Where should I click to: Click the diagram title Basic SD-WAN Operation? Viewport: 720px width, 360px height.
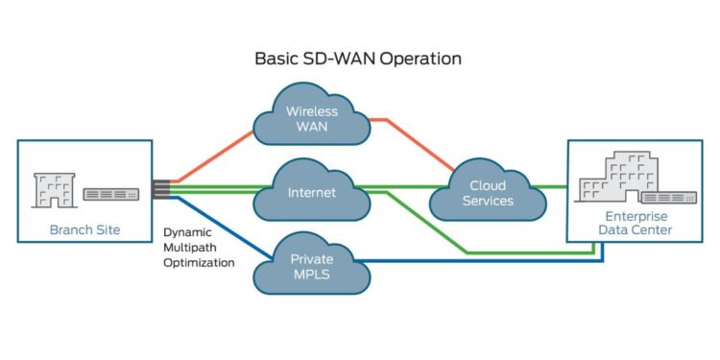357,59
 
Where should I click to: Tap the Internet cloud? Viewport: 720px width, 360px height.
312,193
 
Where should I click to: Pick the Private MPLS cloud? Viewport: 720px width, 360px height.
312,265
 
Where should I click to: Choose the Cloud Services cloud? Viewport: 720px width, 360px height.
488,194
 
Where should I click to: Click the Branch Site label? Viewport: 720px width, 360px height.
84,230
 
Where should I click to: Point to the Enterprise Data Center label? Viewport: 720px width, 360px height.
631,224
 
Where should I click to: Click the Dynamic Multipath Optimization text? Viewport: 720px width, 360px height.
199,247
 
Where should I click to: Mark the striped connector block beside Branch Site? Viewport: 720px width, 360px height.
160,188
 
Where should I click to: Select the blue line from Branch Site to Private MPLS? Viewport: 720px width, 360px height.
216,227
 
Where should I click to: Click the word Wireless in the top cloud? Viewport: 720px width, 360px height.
312,111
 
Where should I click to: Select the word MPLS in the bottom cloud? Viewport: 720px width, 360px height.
312,275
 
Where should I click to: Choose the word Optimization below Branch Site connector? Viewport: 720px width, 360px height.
199,262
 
